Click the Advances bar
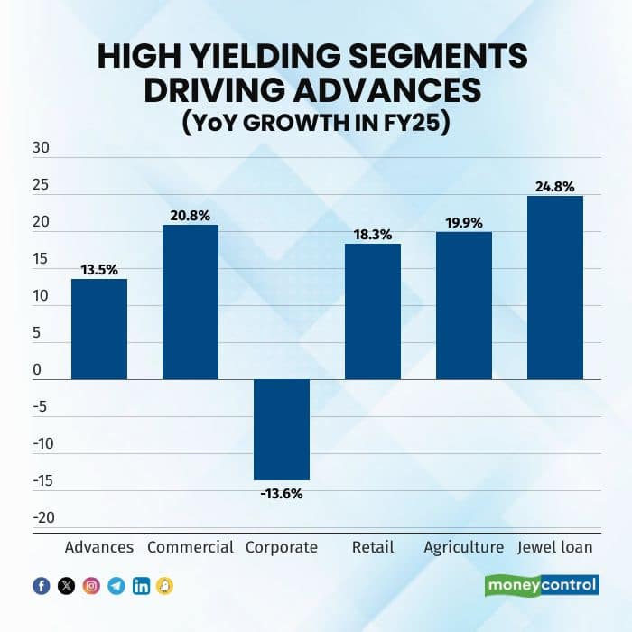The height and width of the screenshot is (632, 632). [x=99, y=330]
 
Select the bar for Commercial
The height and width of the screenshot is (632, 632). [x=191, y=302]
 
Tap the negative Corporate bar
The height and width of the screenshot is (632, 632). [x=282, y=429]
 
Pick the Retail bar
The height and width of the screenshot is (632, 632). [x=373, y=311]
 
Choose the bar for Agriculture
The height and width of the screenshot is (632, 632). [x=464, y=306]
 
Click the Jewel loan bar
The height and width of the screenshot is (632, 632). [x=555, y=288]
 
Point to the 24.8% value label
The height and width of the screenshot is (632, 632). [x=555, y=187]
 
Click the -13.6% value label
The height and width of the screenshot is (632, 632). [x=282, y=493]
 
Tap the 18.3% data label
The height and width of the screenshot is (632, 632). [x=373, y=234]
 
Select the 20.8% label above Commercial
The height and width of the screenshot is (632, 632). [x=191, y=216]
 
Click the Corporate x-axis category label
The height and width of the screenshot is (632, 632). [x=282, y=547]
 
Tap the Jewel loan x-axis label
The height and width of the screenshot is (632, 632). [x=555, y=547]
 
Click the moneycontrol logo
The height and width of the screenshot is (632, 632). [x=542, y=585]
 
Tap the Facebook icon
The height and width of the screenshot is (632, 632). [x=41, y=586]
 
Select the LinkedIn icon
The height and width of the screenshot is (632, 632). [x=141, y=586]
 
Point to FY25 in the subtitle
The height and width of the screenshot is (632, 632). [x=417, y=123]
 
